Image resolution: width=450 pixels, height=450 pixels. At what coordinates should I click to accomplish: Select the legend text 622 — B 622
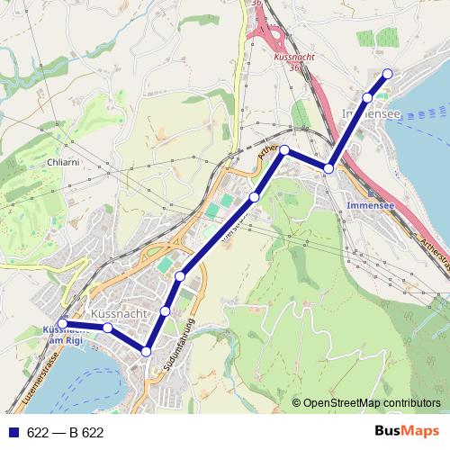[65, 433]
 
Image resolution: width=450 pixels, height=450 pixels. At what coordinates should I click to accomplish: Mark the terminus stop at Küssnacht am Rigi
[63, 324]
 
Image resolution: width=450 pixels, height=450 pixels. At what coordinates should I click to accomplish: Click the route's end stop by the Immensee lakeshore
[388, 74]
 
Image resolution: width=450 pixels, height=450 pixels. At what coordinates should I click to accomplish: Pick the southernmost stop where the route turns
[147, 350]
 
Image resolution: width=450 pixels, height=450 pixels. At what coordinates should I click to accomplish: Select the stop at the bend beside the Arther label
[283, 150]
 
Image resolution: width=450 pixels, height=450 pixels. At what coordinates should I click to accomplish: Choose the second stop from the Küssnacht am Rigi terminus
[108, 328]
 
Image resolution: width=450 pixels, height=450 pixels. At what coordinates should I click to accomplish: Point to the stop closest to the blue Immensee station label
[329, 168]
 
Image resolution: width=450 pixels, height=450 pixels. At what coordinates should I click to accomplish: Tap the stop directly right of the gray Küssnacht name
[165, 310]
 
